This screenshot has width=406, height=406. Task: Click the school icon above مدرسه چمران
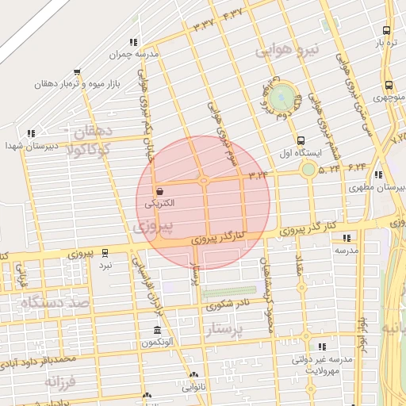tap(133, 42)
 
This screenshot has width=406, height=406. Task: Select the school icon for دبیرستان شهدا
tap(30, 134)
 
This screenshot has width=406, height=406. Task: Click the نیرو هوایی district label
tap(287, 50)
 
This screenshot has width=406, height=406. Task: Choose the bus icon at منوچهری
tap(388, 85)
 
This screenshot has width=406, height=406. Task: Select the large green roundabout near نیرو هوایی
tap(281, 98)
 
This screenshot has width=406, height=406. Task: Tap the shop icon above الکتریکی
tap(160, 191)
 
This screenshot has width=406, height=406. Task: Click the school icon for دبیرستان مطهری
tap(378, 175)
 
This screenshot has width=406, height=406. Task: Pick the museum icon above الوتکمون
tap(156, 330)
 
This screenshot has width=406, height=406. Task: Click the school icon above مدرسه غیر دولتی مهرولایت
tap(321, 347)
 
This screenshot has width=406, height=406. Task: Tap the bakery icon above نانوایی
tap(193, 375)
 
